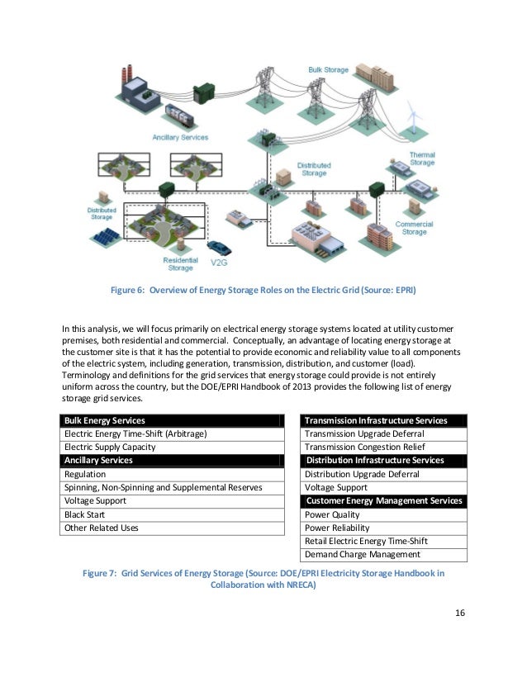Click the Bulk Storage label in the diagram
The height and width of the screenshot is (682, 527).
329,70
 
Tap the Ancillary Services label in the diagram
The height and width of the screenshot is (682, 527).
179,136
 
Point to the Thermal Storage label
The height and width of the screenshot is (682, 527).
422,159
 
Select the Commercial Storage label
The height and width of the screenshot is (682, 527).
414,228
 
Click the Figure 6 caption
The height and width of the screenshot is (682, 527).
263,290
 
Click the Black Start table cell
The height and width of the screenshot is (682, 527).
80,514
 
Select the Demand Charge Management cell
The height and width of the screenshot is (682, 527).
363,555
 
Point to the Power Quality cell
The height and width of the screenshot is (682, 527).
332,514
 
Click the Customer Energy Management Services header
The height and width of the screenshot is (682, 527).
384,501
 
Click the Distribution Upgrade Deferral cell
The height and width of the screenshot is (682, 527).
362,475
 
